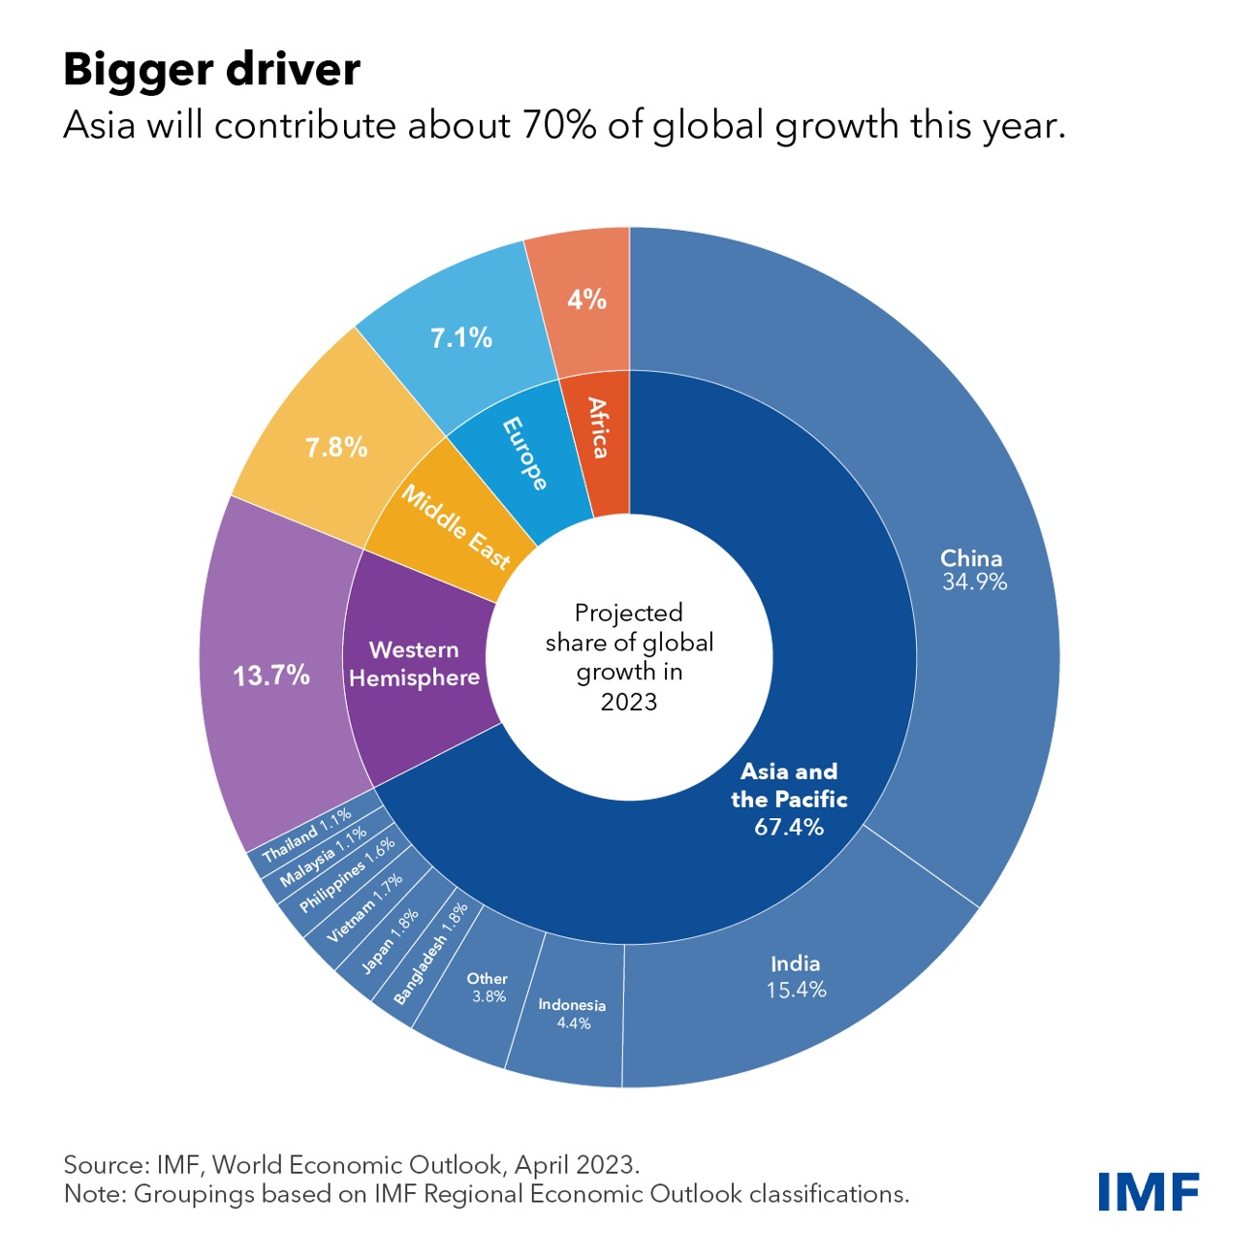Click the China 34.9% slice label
coord(972,570)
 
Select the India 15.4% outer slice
coord(796,977)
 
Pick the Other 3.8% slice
coord(488,987)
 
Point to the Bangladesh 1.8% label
coord(431,954)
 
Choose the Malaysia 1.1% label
coord(324,857)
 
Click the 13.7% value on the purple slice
coord(271,676)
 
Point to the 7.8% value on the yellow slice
coord(336,448)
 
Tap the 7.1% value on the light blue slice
coord(461,338)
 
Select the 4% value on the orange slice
coord(586,299)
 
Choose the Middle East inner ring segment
coord(456,527)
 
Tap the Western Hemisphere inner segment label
coord(415,664)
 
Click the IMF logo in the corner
coord(1149,1191)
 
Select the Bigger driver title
coord(212,70)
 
